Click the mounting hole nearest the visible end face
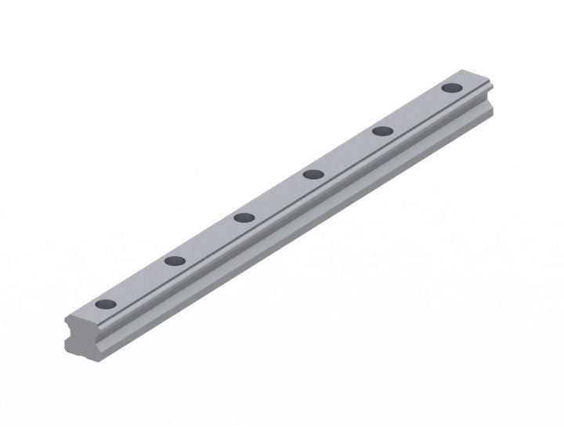click(104, 304)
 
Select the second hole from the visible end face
click(174, 261)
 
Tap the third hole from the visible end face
click(243, 218)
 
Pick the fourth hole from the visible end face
click(313, 174)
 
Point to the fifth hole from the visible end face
click(381, 130)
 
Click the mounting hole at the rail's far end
click(450, 87)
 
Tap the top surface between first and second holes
click(139, 282)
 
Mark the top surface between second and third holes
click(208, 239)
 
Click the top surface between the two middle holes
click(278, 196)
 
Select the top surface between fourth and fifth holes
click(347, 152)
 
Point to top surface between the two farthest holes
click(416, 109)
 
